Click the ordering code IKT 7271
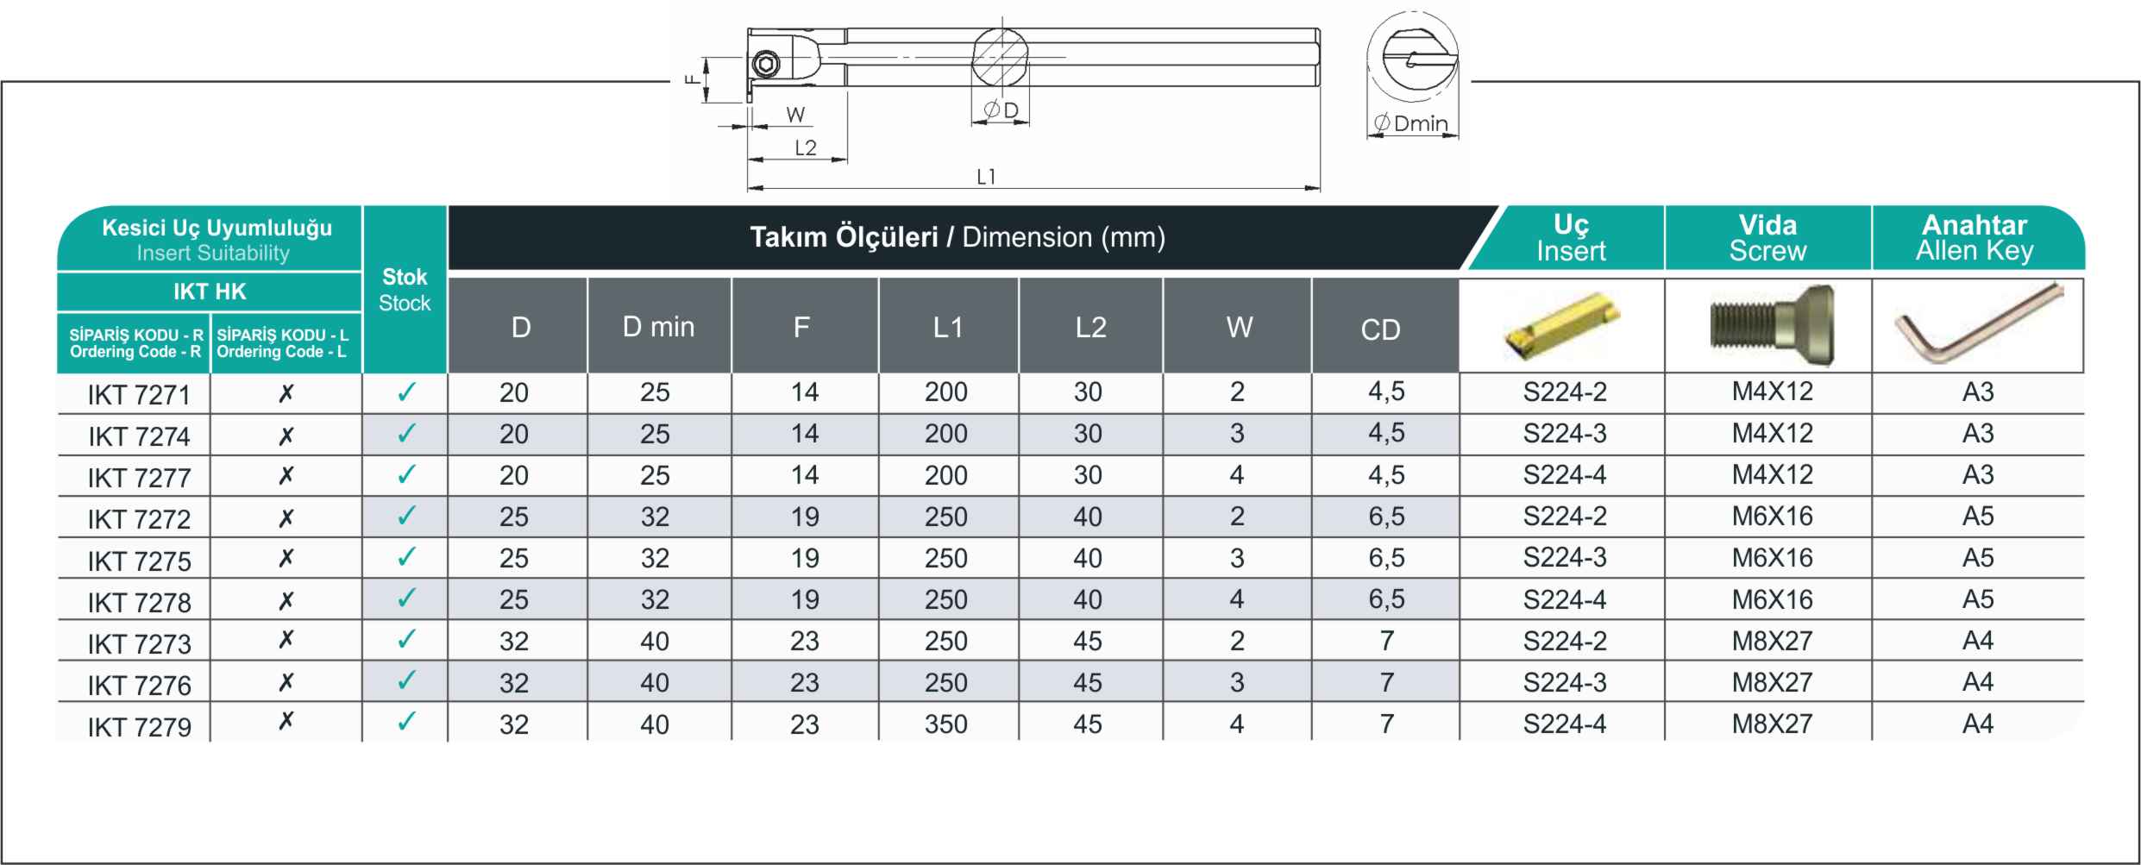[x=139, y=395]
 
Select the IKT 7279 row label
[x=139, y=727]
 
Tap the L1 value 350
[x=946, y=724]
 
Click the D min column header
[x=658, y=327]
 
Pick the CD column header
[x=1380, y=329]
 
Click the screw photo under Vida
[x=1772, y=325]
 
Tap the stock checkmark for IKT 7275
[x=405, y=557]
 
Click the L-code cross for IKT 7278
[x=286, y=599]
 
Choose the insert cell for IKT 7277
[x=1565, y=475]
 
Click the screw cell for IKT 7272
[x=1772, y=517]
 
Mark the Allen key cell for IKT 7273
[x=1978, y=641]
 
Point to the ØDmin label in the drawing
[x=1411, y=123]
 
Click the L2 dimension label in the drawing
[x=805, y=147]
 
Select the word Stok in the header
[x=405, y=277]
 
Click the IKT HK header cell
[x=210, y=291]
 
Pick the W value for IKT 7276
[x=1237, y=682]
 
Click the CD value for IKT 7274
[x=1386, y=433]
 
